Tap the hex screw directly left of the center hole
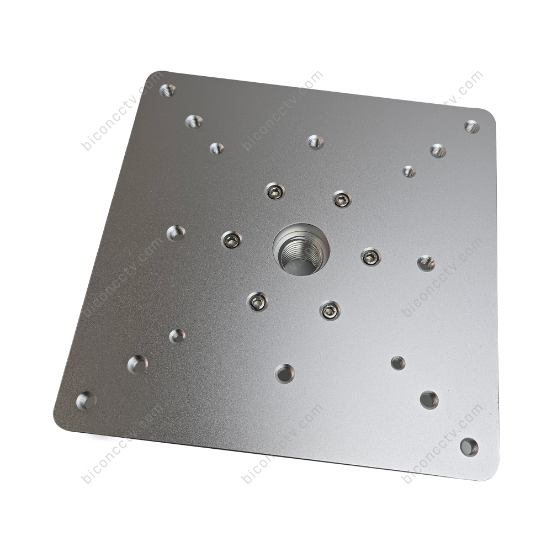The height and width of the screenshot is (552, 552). [231, 241]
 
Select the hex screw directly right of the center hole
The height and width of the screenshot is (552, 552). [371, 257]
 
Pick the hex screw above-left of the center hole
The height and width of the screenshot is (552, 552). [274, 192]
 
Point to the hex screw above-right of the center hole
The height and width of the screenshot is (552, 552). [343, 200]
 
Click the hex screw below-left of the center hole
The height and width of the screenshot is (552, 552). [257, 302]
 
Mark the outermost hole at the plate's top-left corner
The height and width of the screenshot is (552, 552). [168, 91]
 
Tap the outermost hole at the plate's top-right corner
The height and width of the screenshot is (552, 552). [472, 127]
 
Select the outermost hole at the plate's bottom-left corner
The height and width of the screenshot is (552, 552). [86, 401]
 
